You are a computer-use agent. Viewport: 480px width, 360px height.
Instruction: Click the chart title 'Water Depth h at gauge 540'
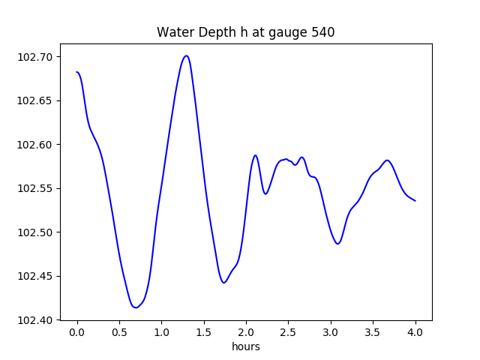[245, 33]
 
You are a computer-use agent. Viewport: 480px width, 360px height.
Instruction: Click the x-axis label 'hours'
[245, 347]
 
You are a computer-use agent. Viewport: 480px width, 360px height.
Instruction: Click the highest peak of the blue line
[187, 55]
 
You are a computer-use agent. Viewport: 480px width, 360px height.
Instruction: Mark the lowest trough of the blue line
[136, 307]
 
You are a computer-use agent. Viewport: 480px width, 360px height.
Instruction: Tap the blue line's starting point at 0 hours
[77, 72]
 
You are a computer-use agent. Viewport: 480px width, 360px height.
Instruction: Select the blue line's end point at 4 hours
[415, 200]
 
